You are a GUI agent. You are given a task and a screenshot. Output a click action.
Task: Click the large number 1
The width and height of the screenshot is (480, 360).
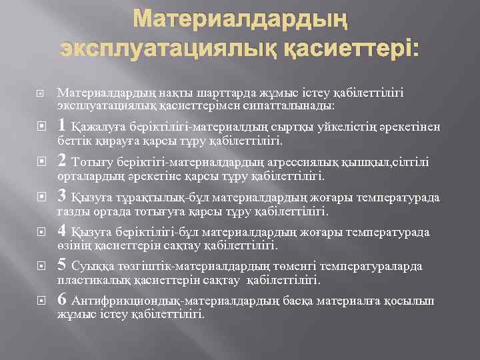pos(62,125)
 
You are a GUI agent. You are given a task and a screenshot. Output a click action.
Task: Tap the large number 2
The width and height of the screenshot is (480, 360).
pos(62,160)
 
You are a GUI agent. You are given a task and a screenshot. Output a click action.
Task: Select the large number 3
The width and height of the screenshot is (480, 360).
pos(62,195)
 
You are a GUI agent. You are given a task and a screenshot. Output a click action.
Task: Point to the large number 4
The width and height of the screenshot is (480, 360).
pos(62,231)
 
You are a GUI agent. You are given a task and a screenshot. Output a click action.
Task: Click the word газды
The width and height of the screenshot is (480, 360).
pos(72,211)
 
